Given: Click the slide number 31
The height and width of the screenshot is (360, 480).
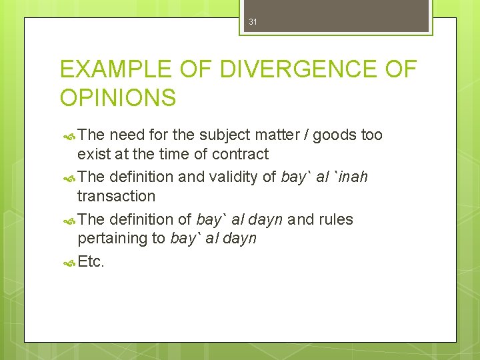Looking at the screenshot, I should click(x=253, y=22).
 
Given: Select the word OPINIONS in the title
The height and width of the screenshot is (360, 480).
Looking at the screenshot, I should click(x=118, y=98).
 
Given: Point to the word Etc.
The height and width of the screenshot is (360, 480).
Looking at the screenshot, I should click(x=91, y=261).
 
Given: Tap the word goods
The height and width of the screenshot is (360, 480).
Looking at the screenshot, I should click(x=335, y=135).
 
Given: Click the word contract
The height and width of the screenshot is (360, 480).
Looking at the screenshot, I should click(x=240, y=154).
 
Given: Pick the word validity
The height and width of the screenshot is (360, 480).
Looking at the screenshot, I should click(x=243, y=177).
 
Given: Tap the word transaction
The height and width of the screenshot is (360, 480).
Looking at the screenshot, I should click(x=116, y=196).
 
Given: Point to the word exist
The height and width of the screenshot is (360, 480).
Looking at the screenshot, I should click(x=91, y=154).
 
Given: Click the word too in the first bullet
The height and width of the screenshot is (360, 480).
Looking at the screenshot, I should click(x=371, y=135).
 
